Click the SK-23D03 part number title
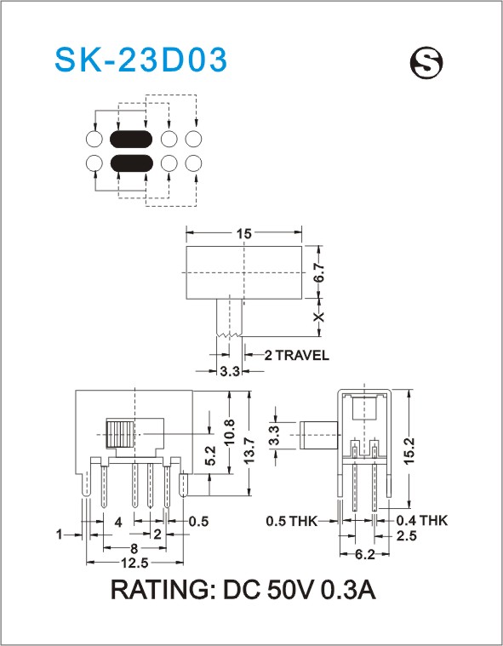[140, 60]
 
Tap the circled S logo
[426, 62]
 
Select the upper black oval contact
[131, 139]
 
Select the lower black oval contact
[131, 163]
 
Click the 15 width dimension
[243, 233]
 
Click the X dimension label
[318, 317]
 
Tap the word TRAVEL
[302, 355]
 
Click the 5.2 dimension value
[210, 455]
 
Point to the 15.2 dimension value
[409, 452]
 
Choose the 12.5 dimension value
[134, 563]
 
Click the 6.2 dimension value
[365, 555]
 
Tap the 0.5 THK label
[292, 521]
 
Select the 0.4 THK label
[421, 521]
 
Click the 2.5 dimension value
[407, 535]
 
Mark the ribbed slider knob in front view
[120, 434]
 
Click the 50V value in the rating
[291, 590]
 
